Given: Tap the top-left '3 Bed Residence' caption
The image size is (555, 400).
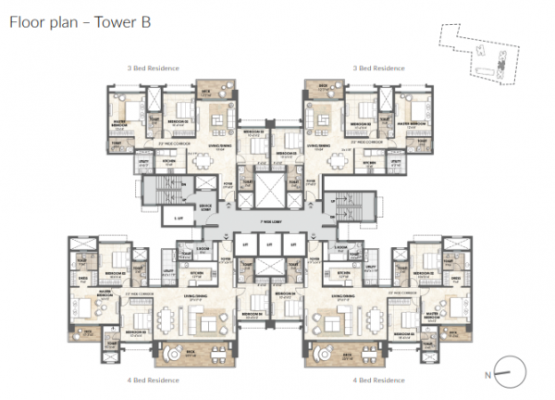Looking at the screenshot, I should (154, 68).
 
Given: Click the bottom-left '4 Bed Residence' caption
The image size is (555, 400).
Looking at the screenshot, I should (153, 380).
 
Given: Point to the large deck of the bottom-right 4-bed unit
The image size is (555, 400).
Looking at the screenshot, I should (326, 354).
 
